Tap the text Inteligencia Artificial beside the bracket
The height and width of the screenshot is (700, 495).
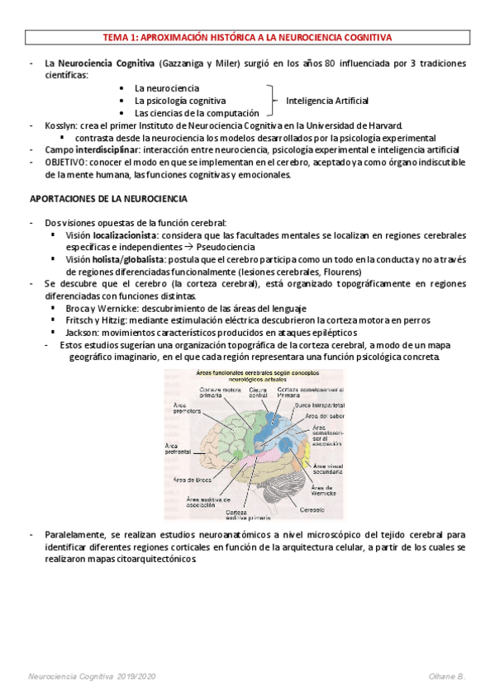click(326, 100)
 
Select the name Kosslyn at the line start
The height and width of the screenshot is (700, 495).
click(62, 125)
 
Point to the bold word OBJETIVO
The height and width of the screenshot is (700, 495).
click(69, 162)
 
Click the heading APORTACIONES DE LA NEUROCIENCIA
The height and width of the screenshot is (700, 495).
click(109, 199)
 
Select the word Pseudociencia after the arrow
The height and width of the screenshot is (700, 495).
click(226, 247)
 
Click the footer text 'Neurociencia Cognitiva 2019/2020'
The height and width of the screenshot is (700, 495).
click(92, 676)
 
